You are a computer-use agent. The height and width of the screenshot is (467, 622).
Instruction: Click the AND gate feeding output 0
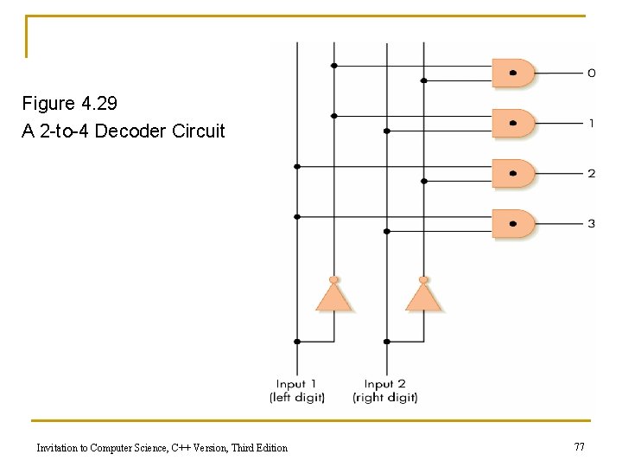tap(513, 73)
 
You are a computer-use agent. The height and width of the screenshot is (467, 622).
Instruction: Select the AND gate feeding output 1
tap(513, 123)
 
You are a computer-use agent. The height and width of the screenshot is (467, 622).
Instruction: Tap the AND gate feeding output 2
tap(513, 173)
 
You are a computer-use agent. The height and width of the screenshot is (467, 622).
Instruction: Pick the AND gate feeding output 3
tap(513, 223)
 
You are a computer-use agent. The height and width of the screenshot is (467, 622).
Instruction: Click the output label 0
tap(591, 74)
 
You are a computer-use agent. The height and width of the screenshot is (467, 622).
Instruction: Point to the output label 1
tap(591, 124)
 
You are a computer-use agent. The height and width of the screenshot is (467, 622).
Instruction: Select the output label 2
tap(591, 174)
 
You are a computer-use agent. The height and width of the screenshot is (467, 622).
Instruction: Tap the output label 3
tap(591, 224)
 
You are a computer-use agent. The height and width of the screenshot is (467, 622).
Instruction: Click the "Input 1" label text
tap(296, 384)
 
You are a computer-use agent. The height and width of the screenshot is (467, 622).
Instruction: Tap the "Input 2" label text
tap(384, 384)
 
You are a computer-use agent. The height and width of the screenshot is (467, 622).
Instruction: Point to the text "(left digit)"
tap(297, 398)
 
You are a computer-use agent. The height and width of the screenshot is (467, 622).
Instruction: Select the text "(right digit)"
tap(385, 398)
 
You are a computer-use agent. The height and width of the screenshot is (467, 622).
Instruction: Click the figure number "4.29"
tap(99, 104)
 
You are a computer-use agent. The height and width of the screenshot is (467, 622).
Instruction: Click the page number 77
tap(579, 446)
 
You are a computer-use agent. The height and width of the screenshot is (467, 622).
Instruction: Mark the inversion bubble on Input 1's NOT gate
tap(333, 279)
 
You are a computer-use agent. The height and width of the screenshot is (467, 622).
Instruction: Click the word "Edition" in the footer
tap(270, 447)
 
